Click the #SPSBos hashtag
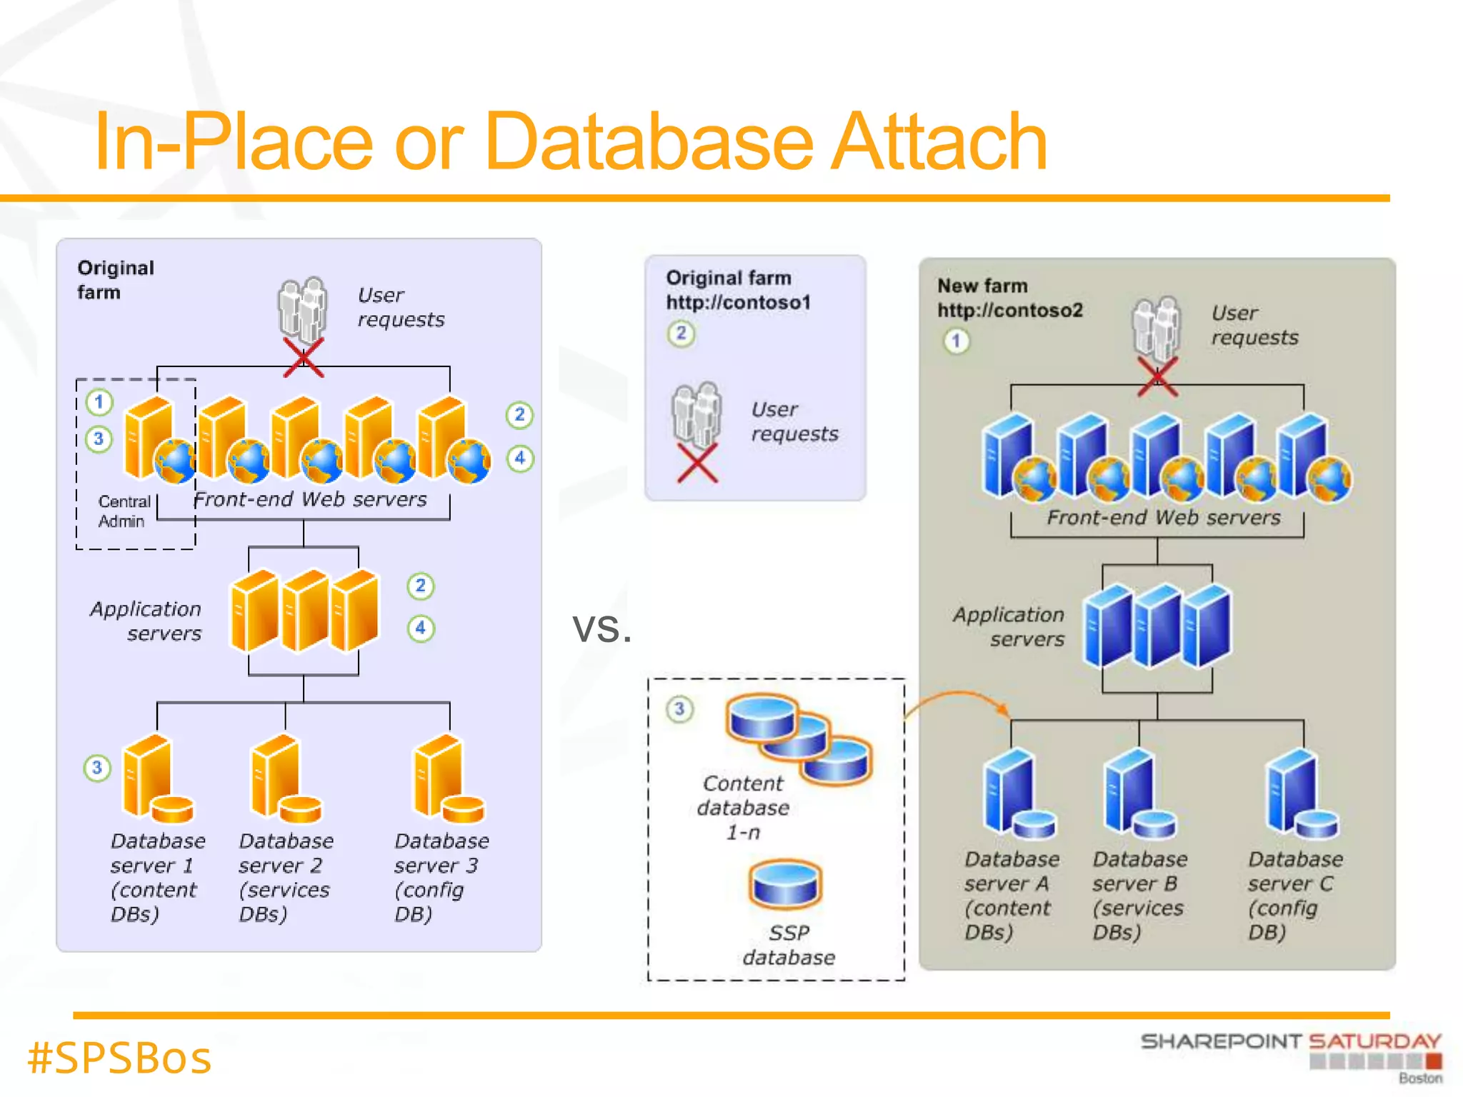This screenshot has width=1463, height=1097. pos(119,1058)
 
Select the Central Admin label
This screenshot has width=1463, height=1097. pos(124,511)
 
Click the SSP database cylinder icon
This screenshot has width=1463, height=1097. pos(785,884)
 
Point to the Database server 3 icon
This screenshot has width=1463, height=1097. pos(446,780)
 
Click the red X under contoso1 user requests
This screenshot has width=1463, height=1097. pos(696,463)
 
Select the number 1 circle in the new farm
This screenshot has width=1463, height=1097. pos(957,341)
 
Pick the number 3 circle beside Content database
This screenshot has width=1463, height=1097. pos(679,709)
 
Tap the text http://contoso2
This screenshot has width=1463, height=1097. pos(1010,310)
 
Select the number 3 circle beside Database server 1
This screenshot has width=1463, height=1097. pos(97,768)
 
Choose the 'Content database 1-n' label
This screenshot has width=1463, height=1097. pos(743,808)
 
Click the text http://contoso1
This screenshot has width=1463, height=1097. pos(739,302)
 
